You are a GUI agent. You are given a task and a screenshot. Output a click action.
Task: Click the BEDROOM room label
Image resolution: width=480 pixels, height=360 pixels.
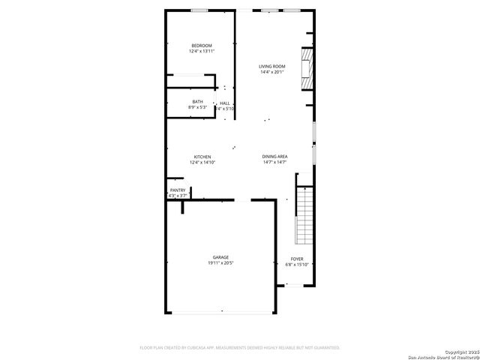[201, 46]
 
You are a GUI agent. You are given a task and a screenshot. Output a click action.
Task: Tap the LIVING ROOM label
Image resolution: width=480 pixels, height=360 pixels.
[273, 67]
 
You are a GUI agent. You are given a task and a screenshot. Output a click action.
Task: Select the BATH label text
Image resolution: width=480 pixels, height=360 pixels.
[197, 102]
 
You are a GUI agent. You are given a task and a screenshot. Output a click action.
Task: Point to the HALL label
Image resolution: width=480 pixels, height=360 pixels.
[225, 103]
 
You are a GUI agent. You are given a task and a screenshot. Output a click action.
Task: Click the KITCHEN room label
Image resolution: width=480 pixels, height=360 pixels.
[202, 157]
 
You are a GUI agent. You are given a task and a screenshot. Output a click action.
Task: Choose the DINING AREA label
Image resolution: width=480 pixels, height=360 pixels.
[275, 157]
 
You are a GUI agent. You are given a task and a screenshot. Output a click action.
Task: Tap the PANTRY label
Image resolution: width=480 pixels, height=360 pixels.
[178, 190]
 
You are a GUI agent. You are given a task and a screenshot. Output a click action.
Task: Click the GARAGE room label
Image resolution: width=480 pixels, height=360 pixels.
[220, 257]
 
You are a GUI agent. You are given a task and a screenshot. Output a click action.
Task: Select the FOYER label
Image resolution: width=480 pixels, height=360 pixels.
[297, 259]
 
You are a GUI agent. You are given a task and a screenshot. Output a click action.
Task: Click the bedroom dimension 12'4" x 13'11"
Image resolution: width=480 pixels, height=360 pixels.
[201, 52]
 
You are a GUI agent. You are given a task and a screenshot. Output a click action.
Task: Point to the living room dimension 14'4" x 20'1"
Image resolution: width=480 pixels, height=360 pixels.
[273, 73]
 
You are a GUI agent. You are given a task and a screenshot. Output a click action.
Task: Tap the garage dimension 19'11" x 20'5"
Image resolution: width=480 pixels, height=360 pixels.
[220, 263]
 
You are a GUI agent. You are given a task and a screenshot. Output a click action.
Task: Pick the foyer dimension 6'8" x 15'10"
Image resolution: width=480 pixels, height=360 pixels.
[297, 265]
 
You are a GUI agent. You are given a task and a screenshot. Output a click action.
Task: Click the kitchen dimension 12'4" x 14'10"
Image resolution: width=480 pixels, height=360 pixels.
[202, 162]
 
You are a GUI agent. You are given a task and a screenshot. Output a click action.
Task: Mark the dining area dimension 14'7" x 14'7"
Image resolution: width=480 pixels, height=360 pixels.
[275, 162]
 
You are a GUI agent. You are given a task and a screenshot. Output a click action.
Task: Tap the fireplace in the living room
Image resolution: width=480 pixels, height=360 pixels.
[305, 68]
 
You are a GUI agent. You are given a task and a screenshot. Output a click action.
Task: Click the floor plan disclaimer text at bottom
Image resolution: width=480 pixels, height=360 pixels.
[240, 348]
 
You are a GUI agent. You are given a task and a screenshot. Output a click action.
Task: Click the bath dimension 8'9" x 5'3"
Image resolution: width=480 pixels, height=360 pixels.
[197, 108]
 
